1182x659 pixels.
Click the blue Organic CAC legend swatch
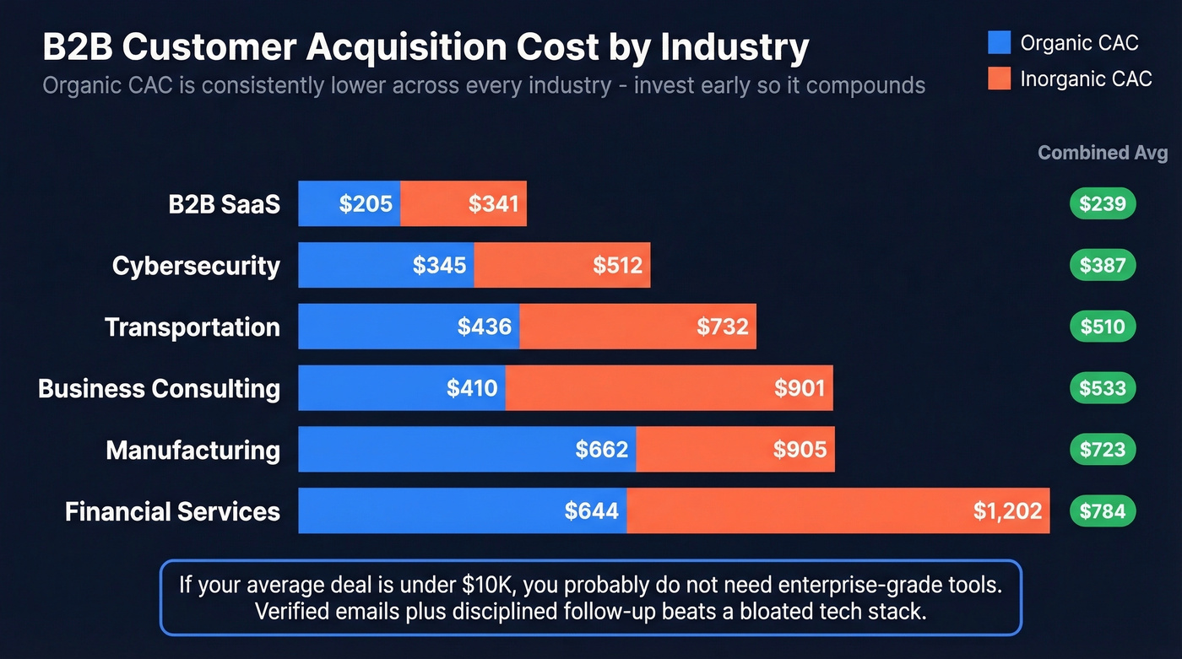coord(999,42)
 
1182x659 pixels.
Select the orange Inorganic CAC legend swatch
coord(999,78)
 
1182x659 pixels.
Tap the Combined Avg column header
coord(1102,153)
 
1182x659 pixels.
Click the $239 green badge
coord(1103,203)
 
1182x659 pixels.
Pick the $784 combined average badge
coord(1103,510)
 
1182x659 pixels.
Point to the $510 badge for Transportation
coord(1103,327)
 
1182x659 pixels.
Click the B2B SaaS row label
coord(224,204)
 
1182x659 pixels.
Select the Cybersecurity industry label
coord(196,266)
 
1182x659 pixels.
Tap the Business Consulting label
coord(159,388)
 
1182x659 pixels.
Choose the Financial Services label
coord(172,511)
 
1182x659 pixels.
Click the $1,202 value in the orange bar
coord(1007,510)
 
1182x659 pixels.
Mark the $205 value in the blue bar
coord(366,204)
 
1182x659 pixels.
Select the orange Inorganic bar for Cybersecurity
coord(561,265)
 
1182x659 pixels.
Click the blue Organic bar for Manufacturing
coord(466,449)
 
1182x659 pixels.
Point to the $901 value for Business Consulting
coord(800,388)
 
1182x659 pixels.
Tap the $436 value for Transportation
coord(485,327)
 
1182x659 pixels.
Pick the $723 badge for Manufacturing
coord(1103,449)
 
